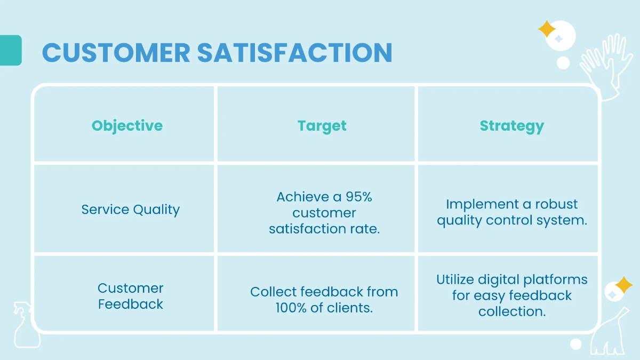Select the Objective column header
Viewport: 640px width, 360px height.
[x=127, y=126]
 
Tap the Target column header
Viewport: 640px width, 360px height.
[x=322, y=126]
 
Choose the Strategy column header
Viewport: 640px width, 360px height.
[x=511, y=126]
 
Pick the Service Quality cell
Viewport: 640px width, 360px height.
[x=130, y=210]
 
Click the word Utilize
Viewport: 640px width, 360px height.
[x=455, y=279]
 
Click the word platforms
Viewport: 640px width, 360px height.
[x=556, y=280]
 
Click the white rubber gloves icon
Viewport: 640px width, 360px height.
[x=600, y=67]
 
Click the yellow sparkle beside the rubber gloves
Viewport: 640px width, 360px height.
[x=546, y=29]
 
